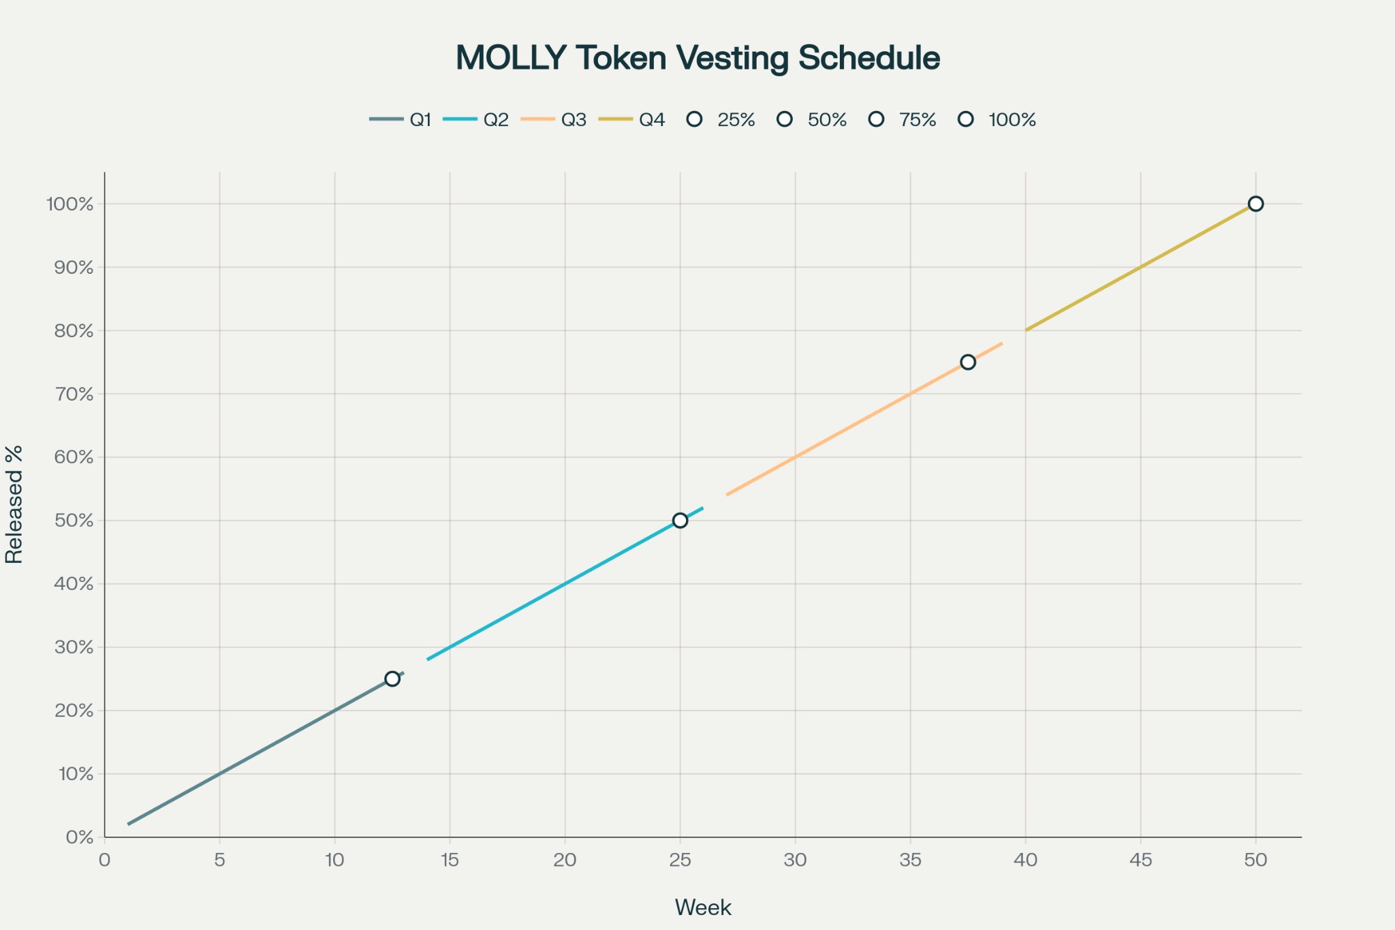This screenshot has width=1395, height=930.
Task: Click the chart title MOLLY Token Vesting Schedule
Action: coord(697,58)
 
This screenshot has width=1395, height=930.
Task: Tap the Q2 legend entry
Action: coord(476,120)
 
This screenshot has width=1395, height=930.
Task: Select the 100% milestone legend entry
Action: coord(997,120)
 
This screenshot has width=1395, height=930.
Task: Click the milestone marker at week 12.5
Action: coord(392,679)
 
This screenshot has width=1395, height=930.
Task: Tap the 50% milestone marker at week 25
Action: coord(680,521)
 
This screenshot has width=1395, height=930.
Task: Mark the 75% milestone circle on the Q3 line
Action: coord(968,362)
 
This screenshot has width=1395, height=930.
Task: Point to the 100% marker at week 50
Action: coord(1255,204)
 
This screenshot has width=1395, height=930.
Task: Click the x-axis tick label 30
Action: coord(795,860)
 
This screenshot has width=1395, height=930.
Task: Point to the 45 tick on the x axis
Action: coord(1141,860)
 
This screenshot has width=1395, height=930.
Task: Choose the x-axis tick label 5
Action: coord(219,860)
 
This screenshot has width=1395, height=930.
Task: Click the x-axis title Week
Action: coord(703,908)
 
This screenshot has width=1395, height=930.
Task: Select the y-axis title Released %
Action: coord(14,504)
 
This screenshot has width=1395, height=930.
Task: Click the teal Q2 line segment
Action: coord(565,584)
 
